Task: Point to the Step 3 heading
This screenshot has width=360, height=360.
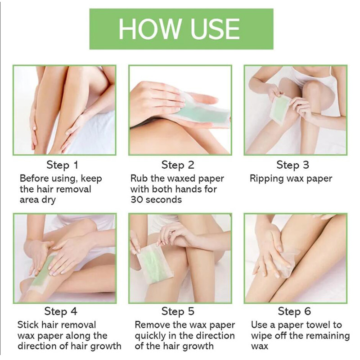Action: pyautogui.click(x=293, y=165)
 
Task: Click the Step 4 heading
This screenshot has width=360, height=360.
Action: pyautogui.click(x=61, y=311)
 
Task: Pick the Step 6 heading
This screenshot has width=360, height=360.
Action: pyautogui.click(x=294, y=311)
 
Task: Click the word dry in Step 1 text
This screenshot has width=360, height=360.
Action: pyautogui.click(x=48, y=200)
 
